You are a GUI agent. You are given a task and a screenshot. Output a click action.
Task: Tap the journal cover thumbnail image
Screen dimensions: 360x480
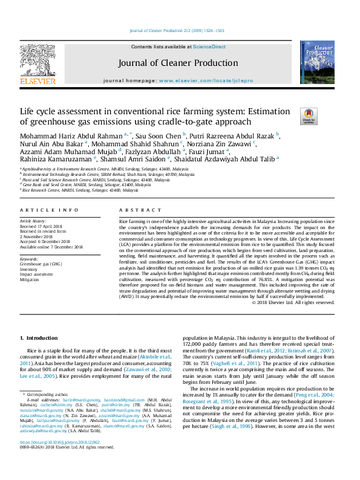(x=317, y=62)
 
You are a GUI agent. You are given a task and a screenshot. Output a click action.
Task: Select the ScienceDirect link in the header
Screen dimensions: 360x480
(x=209, y=47)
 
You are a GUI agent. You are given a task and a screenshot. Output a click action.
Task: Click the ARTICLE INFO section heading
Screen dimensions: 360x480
(x=49, y=209)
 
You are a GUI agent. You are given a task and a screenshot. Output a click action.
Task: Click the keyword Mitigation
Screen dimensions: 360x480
(x=30, y=280)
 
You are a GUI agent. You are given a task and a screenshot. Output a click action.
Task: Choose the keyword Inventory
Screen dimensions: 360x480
(x=29, y=269)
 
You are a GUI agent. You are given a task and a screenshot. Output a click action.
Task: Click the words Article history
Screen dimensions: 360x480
(x=34, y=221)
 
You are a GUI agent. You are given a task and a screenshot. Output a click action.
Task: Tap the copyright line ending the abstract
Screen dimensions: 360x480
(x=292, y=302)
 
